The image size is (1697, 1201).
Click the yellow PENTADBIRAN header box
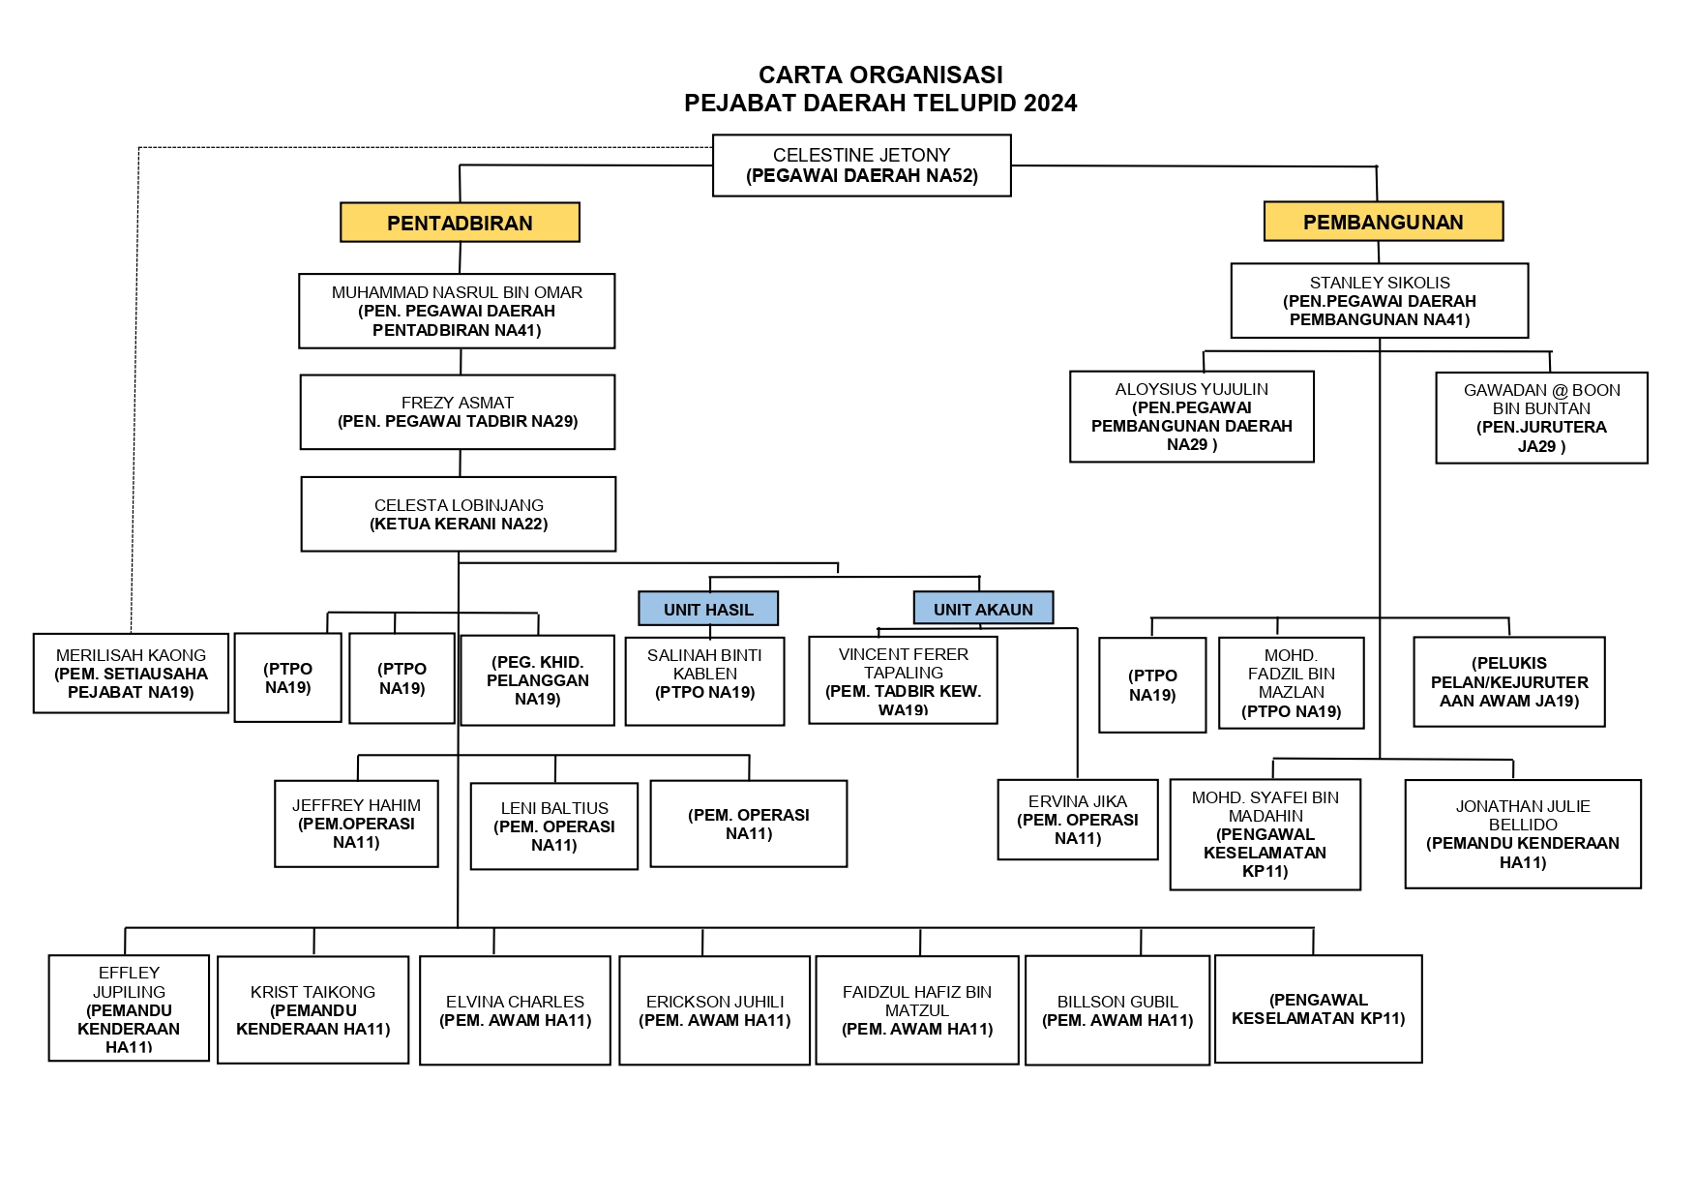tap(460, 223)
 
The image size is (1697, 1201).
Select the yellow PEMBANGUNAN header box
tap(1383, 222)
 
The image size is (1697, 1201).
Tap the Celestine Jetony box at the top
tap(861, 165)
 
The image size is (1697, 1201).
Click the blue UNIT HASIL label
tap(708, 609)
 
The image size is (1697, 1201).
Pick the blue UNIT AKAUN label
tap(983, 609)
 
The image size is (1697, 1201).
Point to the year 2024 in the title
tap(1050, 104)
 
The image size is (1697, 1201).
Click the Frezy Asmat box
tap(458, 412)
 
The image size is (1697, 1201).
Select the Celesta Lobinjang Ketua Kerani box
tap(458, 514)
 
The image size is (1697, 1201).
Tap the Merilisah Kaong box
tap(131, 674)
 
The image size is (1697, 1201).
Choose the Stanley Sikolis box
tap(1379, 301)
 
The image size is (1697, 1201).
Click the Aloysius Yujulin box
tap(1191, 416)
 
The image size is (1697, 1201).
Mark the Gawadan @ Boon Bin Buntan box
tap(1541, 418)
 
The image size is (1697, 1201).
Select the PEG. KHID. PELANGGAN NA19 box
tap(537, 680)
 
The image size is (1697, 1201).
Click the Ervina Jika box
tap(1077, 820)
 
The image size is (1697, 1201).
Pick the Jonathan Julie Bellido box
tap(1522, 834)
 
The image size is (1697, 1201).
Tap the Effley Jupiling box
tap(129, 1008)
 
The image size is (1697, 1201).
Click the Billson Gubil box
tap(1116, 1010)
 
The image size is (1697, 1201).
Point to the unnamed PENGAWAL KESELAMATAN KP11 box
tap(1318, 1009)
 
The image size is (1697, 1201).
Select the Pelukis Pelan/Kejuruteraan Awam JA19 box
tap(1508, 681)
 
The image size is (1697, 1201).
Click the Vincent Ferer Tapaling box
tap(903, 680)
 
